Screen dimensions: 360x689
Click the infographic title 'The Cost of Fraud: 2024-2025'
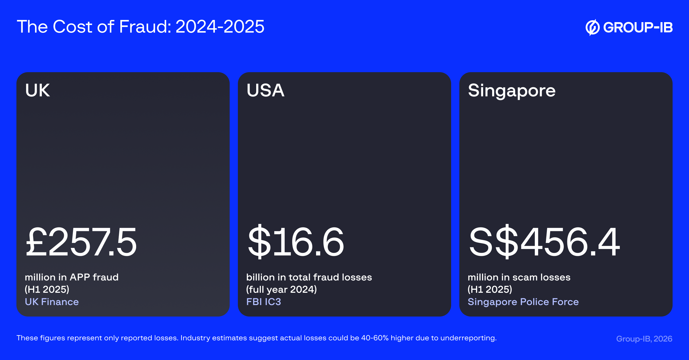pyautogui.click(x=141, y=27)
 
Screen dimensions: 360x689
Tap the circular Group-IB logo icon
pyautogui.click(x=592, y=27)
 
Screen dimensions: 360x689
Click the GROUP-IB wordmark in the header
pyautogui.click(x=638, y=27)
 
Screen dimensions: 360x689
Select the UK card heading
pyautogui.click(x=37, y=90)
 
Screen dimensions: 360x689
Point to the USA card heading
pyautogui.click(x=265, y=90)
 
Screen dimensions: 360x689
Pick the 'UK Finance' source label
pyautogui.click(x=52, y=302)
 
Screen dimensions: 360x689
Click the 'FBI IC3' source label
pyautogui.click(x=264, y=302)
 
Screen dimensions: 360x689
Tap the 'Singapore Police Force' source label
pyautogui.click(x=523, y=302)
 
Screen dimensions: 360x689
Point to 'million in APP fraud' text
pyautogui.click(x=72, y=277)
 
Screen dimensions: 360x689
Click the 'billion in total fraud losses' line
pyautogui.click(x=309, y=277)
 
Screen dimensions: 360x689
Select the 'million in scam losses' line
pyautogui.click(x=519, y=277)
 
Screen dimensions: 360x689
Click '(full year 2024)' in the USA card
pyautogui.click(x=281, y=289)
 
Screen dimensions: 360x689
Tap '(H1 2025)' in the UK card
pyautogui.click(x=47, y=289)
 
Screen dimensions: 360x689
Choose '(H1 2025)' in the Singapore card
pyautogui.click(x=490, y=289)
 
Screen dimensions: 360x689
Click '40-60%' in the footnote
pyautogui.click(x=375, y=338)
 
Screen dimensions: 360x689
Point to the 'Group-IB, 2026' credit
pyautogui.click(x=644, y=339)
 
